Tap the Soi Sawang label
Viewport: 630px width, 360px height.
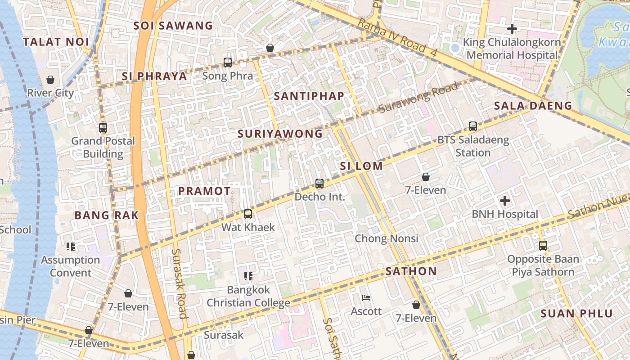pyautogui.click(x=173, y=26)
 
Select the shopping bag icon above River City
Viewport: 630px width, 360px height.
pyautogui.click(x=50, y=80)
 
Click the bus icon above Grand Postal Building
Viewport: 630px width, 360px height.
pyautogui.click(x=103, y=128)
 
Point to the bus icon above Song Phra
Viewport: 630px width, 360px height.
pyautogui.click(x=228, y=63)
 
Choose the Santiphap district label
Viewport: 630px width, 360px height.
pyautogui.click(x=309, y=96)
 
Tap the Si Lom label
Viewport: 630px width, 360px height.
pyautogui.click(x=361, y=166)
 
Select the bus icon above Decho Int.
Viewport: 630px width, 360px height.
pyautogui.click(x=319, y=183)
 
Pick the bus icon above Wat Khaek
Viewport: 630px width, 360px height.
pyautogui.click(x=248, y=214)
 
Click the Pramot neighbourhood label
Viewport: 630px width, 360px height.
pyautogui.click(x=204, y=191)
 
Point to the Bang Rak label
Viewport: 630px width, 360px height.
pyautogui.click(x=107, y=215)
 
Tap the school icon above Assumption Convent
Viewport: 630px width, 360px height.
pyautogui.click(x=71, y=246)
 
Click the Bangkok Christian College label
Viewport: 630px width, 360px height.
pyautogui.click(x=248, y=296)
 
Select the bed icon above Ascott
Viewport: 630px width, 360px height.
pyautogui.click(x=366, y=297)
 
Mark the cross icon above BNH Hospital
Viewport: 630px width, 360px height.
pyautogui.click(x=505, y=201)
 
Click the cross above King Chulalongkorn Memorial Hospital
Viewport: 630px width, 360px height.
pyautogui.click(x=512, y=29)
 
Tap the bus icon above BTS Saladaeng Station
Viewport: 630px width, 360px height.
pyautogui.click(x=473, y=126)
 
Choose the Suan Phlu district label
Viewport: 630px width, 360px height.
pyautogui.click(x=576, y=314)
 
